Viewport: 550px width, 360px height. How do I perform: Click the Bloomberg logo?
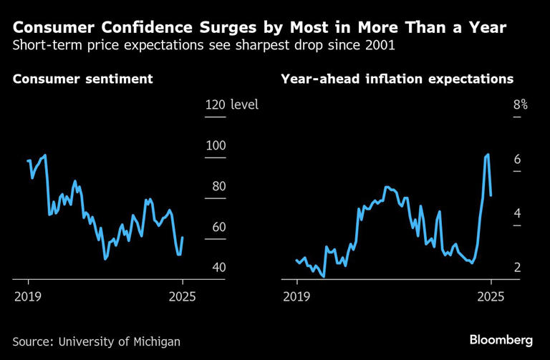[x=501, y=339]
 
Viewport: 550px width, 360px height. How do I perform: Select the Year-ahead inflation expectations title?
[x=397, y=79]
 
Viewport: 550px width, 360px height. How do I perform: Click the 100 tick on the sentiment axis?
[x=216, y=145]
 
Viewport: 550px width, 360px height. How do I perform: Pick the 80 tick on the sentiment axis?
[x=216, y=186]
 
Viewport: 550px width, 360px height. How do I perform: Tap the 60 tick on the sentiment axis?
[x=216, y=227]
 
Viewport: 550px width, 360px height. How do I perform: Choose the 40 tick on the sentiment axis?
[x=216, y=268]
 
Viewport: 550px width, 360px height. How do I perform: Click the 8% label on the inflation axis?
[x=520, y=105]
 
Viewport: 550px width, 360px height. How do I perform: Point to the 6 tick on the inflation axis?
[x=516, y=160]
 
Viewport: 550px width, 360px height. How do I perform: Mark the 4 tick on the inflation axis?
[x=516, y=213]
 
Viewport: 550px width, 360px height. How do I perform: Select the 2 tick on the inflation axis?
[x=516, y=268]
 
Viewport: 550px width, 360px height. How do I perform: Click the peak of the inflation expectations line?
[x=488, y=155]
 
